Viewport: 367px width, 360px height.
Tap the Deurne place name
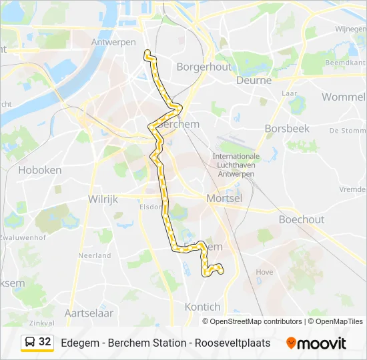254,80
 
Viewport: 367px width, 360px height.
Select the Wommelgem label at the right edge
344,97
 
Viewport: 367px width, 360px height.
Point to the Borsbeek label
287,128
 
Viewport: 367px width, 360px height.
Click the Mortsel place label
224,198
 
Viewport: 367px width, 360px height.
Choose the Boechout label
301,219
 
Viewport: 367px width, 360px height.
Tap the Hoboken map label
40,170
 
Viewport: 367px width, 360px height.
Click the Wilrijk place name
103,199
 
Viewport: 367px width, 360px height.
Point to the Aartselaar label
89,313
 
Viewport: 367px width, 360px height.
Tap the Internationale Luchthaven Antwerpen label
236,165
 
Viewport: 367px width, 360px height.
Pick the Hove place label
264,272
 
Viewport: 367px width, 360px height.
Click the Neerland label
95,255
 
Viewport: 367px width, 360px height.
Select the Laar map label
290,93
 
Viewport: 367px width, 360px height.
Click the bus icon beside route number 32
30,342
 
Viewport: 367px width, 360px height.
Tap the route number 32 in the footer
45,342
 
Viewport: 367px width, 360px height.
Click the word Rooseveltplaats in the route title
233,343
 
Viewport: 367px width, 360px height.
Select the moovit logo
316,343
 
